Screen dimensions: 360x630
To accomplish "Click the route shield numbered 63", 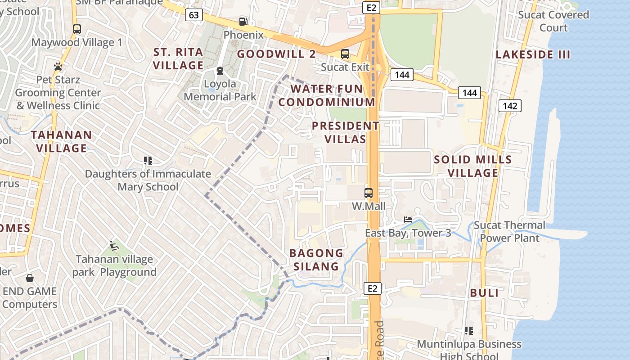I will [193, 15].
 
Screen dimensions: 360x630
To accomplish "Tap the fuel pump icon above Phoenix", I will [243, 21].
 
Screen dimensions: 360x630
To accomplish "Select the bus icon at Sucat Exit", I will [345, 54].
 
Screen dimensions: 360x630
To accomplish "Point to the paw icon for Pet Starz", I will [58, 67].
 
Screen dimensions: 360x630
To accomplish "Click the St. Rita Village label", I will [178, 59].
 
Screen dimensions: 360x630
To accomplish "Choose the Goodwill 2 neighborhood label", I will [276, 54].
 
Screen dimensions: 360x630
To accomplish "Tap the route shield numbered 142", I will [510, 106].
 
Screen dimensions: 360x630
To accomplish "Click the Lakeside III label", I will [533, 55].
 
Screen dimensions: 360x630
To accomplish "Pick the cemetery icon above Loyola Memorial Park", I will [220, 71].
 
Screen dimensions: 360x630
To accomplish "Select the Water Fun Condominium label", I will [327, 95].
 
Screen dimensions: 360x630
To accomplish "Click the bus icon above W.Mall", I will [369, 193].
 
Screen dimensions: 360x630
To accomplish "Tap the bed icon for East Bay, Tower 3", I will [408, 220].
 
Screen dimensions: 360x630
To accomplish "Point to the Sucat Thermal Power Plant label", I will [509, 231].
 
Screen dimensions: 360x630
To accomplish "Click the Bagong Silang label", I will [316, 260].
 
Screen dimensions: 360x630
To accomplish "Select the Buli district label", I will [484, 293].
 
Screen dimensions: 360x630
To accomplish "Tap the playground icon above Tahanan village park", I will [114, 246].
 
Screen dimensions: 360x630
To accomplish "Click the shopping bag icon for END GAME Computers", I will [30, 278].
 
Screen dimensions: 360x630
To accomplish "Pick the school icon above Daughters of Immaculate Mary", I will [148, 160].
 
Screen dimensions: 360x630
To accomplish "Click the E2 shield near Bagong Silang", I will [373, 288].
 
